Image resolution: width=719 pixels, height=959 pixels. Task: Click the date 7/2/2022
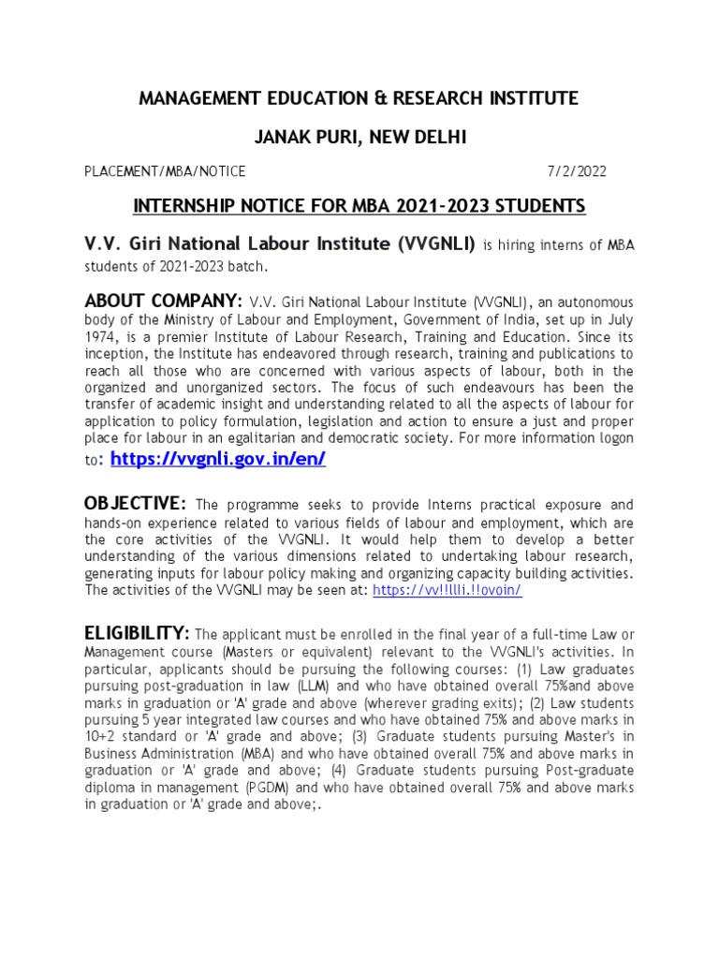[x=577, y=171]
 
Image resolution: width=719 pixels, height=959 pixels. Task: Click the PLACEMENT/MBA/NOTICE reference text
[x=165, y=171]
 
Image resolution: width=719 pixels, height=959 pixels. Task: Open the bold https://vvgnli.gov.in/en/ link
[x=218, y=459]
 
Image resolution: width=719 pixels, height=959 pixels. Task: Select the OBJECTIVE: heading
[x=136, y=505]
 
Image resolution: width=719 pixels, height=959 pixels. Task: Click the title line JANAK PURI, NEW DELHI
[x=359, y=138]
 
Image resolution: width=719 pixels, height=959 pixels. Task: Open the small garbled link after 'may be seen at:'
[x=447, y=590]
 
